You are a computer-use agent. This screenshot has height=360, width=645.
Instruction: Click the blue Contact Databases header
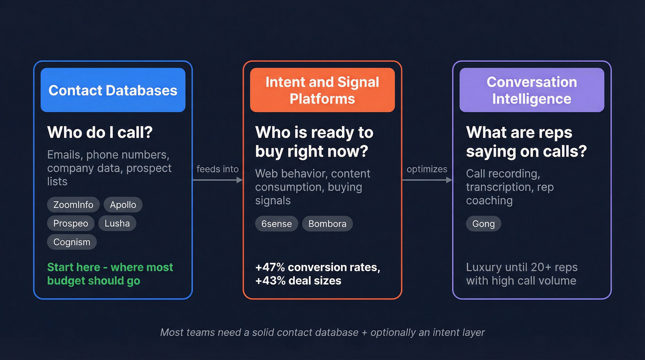click(x=113, y=90)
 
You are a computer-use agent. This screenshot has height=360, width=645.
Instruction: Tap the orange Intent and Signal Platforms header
click(x=322, y=90)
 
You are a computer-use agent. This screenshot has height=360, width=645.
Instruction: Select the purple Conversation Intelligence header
click(x=532, y=90)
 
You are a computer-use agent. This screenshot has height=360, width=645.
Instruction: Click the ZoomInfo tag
click(x=73, y=205)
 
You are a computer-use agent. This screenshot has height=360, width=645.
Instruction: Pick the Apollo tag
click(x=123, y=205)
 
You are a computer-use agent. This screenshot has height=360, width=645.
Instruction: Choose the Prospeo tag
click(x=70, y=224)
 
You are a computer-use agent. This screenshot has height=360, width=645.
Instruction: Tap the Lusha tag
click(x=117, y=224)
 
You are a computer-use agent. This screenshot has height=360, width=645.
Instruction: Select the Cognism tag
click(x=72, y=242)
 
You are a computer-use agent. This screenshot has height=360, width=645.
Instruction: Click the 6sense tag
click(x=276, y=224)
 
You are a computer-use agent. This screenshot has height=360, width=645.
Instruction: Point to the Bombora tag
click(x=327, y=224)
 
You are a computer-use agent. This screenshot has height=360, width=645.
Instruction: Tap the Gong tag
click(x=483, y=224)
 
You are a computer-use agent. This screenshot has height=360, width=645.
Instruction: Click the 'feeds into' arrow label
click(x=217, y=169)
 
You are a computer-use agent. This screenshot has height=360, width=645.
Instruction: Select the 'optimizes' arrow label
click(x=427, y=169)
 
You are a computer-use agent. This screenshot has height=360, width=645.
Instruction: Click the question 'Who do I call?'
click(x=100, y=133)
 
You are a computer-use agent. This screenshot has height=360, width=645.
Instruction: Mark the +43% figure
click(x=267, y=281)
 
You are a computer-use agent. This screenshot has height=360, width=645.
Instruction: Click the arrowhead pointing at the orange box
click(x=240, y=180)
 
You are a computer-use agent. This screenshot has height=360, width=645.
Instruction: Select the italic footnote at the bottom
click(x=322, y=332)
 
